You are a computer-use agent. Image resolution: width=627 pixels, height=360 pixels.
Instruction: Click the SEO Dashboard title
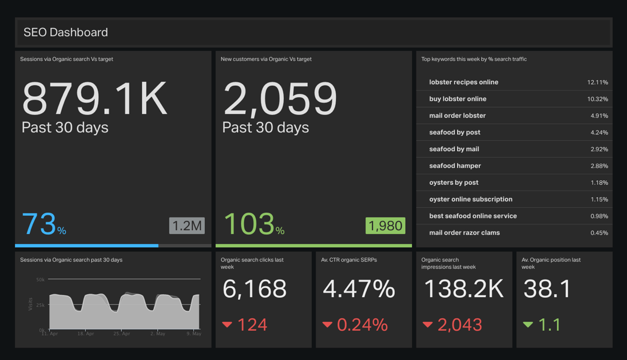click(x=66, y=33)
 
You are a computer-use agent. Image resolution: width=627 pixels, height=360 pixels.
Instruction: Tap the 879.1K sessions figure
click(x=94, y=98)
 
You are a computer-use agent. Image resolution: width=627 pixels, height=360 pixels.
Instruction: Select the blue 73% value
click(x=43, y=224)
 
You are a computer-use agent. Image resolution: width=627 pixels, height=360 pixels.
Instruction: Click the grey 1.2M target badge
click(x=186, y=226)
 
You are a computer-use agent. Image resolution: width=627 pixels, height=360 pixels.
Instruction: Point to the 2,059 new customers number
click(x=280, y=98)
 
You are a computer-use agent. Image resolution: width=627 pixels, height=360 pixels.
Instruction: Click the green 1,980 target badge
click(x=385, y=226)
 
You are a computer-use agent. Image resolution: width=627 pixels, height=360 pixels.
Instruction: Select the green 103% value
click(x=254, y=224)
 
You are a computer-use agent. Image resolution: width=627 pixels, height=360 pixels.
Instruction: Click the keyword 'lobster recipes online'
click(x=463, y=82)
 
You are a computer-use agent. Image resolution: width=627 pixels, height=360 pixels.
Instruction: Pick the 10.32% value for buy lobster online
click(x=597, y=99)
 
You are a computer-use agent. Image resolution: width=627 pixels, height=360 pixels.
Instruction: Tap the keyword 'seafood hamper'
click(x=455, y=165)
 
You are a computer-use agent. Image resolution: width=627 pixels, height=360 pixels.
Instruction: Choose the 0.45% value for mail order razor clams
click(x=599, y=233)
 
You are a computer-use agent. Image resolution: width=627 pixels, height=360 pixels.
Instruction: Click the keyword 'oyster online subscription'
click(x=471, y=199)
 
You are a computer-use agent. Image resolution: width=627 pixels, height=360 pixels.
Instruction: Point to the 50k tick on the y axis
click(x=41, y=280)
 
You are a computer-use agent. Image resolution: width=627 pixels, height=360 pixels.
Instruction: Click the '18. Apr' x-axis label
click(x=86, y=334)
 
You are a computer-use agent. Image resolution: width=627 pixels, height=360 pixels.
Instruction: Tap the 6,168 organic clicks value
click(x=255, y=289)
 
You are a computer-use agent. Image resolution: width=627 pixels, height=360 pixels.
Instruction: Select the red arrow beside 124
click(x=227, y=325)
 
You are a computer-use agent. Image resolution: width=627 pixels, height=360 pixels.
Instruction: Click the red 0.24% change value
click(x=362, y=325)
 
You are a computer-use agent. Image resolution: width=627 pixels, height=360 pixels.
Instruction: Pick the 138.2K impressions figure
click(x=463, y=289)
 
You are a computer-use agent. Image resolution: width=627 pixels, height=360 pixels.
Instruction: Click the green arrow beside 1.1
click(x=528, y=325)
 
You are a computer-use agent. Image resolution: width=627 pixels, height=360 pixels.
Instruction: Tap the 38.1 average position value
click(x=547, y=289)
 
